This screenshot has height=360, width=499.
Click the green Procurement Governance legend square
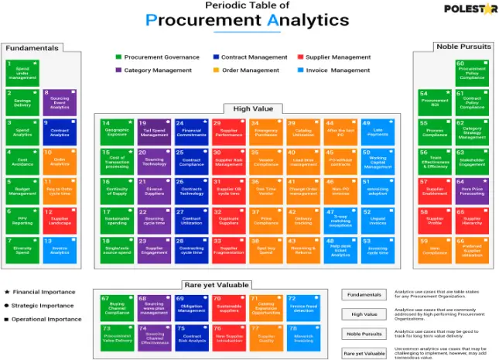[118, 57]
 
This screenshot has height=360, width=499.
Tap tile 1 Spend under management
[21, 72]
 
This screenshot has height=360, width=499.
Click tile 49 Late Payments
[377, 132]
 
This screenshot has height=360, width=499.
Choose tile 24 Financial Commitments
[190, 132]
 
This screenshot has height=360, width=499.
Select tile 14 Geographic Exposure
[116, 132]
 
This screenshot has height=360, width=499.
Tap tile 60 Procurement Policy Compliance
[471, 73]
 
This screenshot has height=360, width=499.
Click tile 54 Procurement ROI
[434, 101]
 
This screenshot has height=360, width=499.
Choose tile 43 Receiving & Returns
[340, 249]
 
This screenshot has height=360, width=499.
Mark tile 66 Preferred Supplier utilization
[471, 249]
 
